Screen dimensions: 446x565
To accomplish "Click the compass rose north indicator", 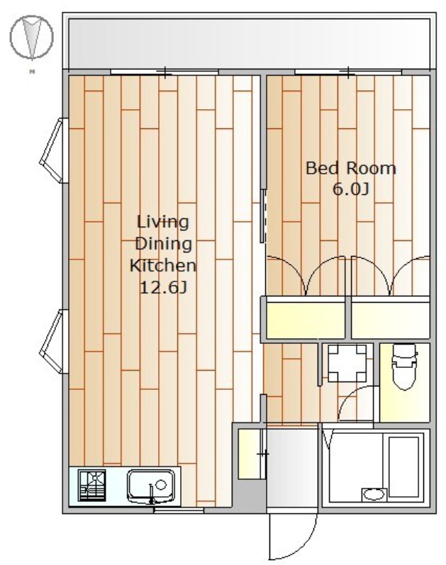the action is pyautogui.click(x=32, y=38).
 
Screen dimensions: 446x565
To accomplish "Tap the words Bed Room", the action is pyautogui.click(x=350, y=168).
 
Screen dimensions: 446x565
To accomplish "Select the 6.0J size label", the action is pyautogui.click(x=350, y=189).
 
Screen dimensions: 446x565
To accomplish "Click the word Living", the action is pyautogui.click(x=163, y=222).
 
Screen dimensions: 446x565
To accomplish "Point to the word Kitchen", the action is pyautogui.click(x=163, y=266).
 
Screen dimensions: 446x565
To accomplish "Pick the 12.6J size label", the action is pyautogui.click(x=163, y=288).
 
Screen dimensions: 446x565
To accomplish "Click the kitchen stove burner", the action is pyautogui.click(x=92, y=486).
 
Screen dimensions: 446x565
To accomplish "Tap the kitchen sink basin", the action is pyautogui.click(x=151, y=486).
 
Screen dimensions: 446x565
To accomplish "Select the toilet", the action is pyautogui.click(x=404, y=366).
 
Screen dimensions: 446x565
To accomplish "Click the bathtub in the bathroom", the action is pyautogui.click(x=403, y=466).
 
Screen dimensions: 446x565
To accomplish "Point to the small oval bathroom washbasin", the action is pyautogui.click(x=374, y=494).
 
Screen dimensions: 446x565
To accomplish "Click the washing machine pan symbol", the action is pyautogui.click(x=347, y=363).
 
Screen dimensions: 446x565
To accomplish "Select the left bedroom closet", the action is pyautogui.click(x=306, y=320).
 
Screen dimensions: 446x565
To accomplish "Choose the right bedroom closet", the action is pyautogui.click(x=391, y=320).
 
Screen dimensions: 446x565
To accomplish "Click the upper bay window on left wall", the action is pyautogui.click(x=54, y=150).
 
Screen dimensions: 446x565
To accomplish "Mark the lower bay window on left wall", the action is pyautogui.click(x=54, y=342).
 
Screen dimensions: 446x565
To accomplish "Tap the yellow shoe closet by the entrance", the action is pyautogui.click(x=251, y=454).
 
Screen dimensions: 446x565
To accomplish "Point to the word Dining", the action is pyautogui.click(x=163, y=244).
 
